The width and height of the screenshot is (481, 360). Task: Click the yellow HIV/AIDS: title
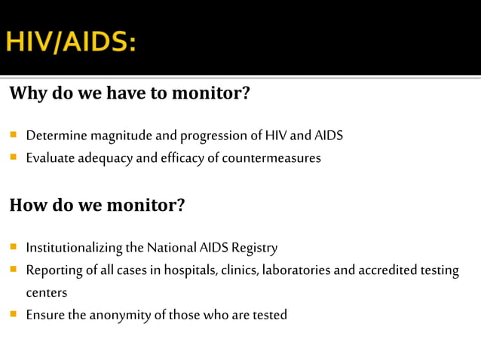click(71, 41)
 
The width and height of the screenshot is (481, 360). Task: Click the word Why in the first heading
click(27, 94)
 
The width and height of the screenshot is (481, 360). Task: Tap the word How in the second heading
click(27, 205)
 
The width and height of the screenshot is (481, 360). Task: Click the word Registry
click(254, 248)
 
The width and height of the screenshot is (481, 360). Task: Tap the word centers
click(47, 292)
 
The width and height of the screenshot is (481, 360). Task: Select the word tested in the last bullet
click(268, 315)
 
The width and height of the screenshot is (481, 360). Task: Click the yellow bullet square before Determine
click(14, 136)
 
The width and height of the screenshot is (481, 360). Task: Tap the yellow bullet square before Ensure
click(14, 314)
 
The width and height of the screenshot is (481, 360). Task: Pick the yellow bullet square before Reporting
click(14, 270)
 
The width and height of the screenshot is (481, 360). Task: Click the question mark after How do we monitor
click(179, 205)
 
